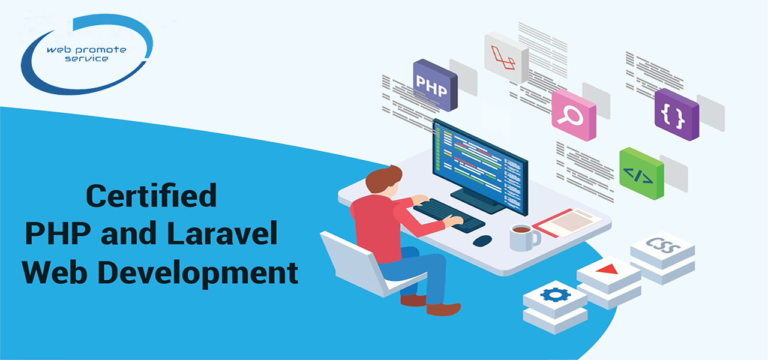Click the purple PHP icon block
pyautogui.click(x=435, y=85)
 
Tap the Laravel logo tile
pyautogui.click(x=506, y=57)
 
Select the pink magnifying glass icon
pyautogui.click(x=574, y=115)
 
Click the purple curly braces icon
pyautogui.click(x=676, y=114)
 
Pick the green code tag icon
pyautogui.click(x=641, y=173)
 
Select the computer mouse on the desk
pyautogui.click(x=482, y=241)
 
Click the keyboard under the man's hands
pyautogui.click(x=449, y=216)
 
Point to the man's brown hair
pyautogui.click(x=382, y=178)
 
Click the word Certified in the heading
pyautogui.click(x=151, y=196)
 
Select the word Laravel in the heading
pyautogui.click(x=222, y=233)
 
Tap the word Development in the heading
pyautogui.click(x=198, y=273)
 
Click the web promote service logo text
pyautogui.click(x=86, y=54)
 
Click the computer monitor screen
pyautogui.click(x=480, y=167)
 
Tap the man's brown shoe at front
pyautogui.click(x=443, y=309)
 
